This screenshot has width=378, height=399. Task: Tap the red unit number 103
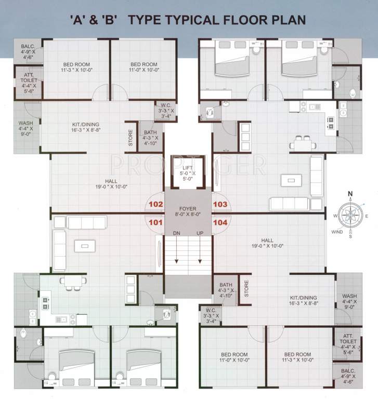click(220, 205)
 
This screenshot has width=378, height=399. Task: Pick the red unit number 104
click(220, 222)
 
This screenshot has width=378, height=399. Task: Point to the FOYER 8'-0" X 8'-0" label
click(188, 211)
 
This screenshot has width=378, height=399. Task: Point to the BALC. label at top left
click(28, 46)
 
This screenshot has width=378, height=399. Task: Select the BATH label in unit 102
click(150, 133)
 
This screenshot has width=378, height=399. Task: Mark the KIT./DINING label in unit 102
click(86, 125)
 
